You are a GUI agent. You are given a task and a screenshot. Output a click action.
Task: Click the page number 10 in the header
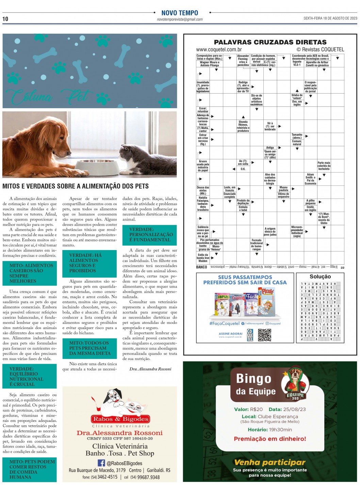[5, 19]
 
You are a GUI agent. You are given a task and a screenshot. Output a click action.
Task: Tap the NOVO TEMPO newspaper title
[180, 13]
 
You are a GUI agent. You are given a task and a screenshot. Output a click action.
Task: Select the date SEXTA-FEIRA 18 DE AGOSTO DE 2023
[330, 18]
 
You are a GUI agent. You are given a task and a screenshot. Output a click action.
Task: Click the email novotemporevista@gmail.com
[180, 19]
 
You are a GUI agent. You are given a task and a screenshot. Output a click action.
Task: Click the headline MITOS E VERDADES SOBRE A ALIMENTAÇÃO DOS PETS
[76, 186]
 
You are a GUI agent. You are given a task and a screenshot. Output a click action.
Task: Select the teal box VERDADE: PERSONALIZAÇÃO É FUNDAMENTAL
[150, 235]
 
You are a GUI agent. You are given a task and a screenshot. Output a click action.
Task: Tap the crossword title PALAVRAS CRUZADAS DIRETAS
[270, 42]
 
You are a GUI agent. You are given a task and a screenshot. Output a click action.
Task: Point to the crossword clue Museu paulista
[283, 189]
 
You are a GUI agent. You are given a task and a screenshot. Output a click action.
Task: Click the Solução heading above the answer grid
[320, 277]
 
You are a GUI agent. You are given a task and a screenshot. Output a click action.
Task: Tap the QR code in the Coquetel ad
[264, 335]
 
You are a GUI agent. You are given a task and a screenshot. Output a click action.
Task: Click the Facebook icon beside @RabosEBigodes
[101, 463]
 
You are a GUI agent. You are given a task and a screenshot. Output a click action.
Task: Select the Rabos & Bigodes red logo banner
[120, 419]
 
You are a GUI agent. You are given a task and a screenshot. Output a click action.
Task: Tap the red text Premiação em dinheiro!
[270, 439]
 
